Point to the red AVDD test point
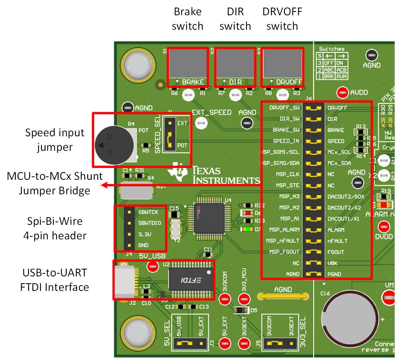(x=342, y=92)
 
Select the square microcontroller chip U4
(x=209, y=218)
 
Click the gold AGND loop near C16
(x=283, y=296)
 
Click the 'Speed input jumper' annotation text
(x=55, y=140)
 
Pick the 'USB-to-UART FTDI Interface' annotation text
(x=54, y=280)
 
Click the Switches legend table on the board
(x=332, y=63)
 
